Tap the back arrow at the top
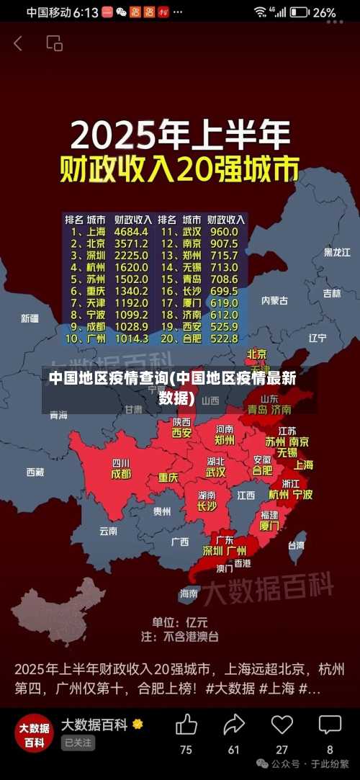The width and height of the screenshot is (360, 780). [x=18, y=44]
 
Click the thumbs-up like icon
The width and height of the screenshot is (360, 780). [x=186, y=725]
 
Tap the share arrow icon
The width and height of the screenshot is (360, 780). [x=234, y=725]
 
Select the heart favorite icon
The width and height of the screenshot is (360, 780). [x=282, y=725]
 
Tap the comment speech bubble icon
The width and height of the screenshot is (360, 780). [x=330, y=725]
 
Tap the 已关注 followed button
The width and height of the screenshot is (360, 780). [x=78, y=743]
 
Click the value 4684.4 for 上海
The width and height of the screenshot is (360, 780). [x=130, y=232]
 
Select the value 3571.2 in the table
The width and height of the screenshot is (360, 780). [x=130, y=243]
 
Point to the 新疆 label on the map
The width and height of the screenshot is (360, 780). [x=30, y=318]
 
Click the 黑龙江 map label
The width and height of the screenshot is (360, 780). [x=336, y=253]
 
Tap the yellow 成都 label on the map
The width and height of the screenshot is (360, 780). [x=121, y=475]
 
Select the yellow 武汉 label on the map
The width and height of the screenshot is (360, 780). [x=215, y=472]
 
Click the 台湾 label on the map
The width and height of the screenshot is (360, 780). [x=296, y=545]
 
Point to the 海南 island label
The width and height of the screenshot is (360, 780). [x=189, y=593]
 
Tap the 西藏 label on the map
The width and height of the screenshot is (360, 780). [x=35, y=472]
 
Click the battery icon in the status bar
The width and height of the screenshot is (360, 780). [x=300, y=12]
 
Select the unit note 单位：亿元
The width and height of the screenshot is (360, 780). [x=179, y=621]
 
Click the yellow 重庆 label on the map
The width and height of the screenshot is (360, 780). [x=168, y=478]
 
